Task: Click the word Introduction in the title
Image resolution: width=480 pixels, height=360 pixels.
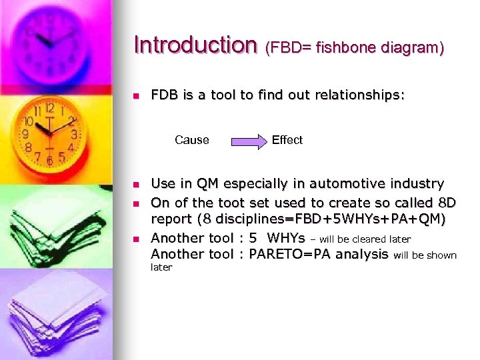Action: (x=195, y=45)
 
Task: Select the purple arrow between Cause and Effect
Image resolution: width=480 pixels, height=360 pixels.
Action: (x=248, y=141)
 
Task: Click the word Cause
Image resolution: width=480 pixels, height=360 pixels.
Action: (x=191, y=140)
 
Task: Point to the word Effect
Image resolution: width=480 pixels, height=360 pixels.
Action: (x=287, y=140)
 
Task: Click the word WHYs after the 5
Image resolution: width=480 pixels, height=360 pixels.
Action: (x=286, y=238)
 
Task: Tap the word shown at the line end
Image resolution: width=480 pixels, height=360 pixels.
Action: (x=443, y=255)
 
